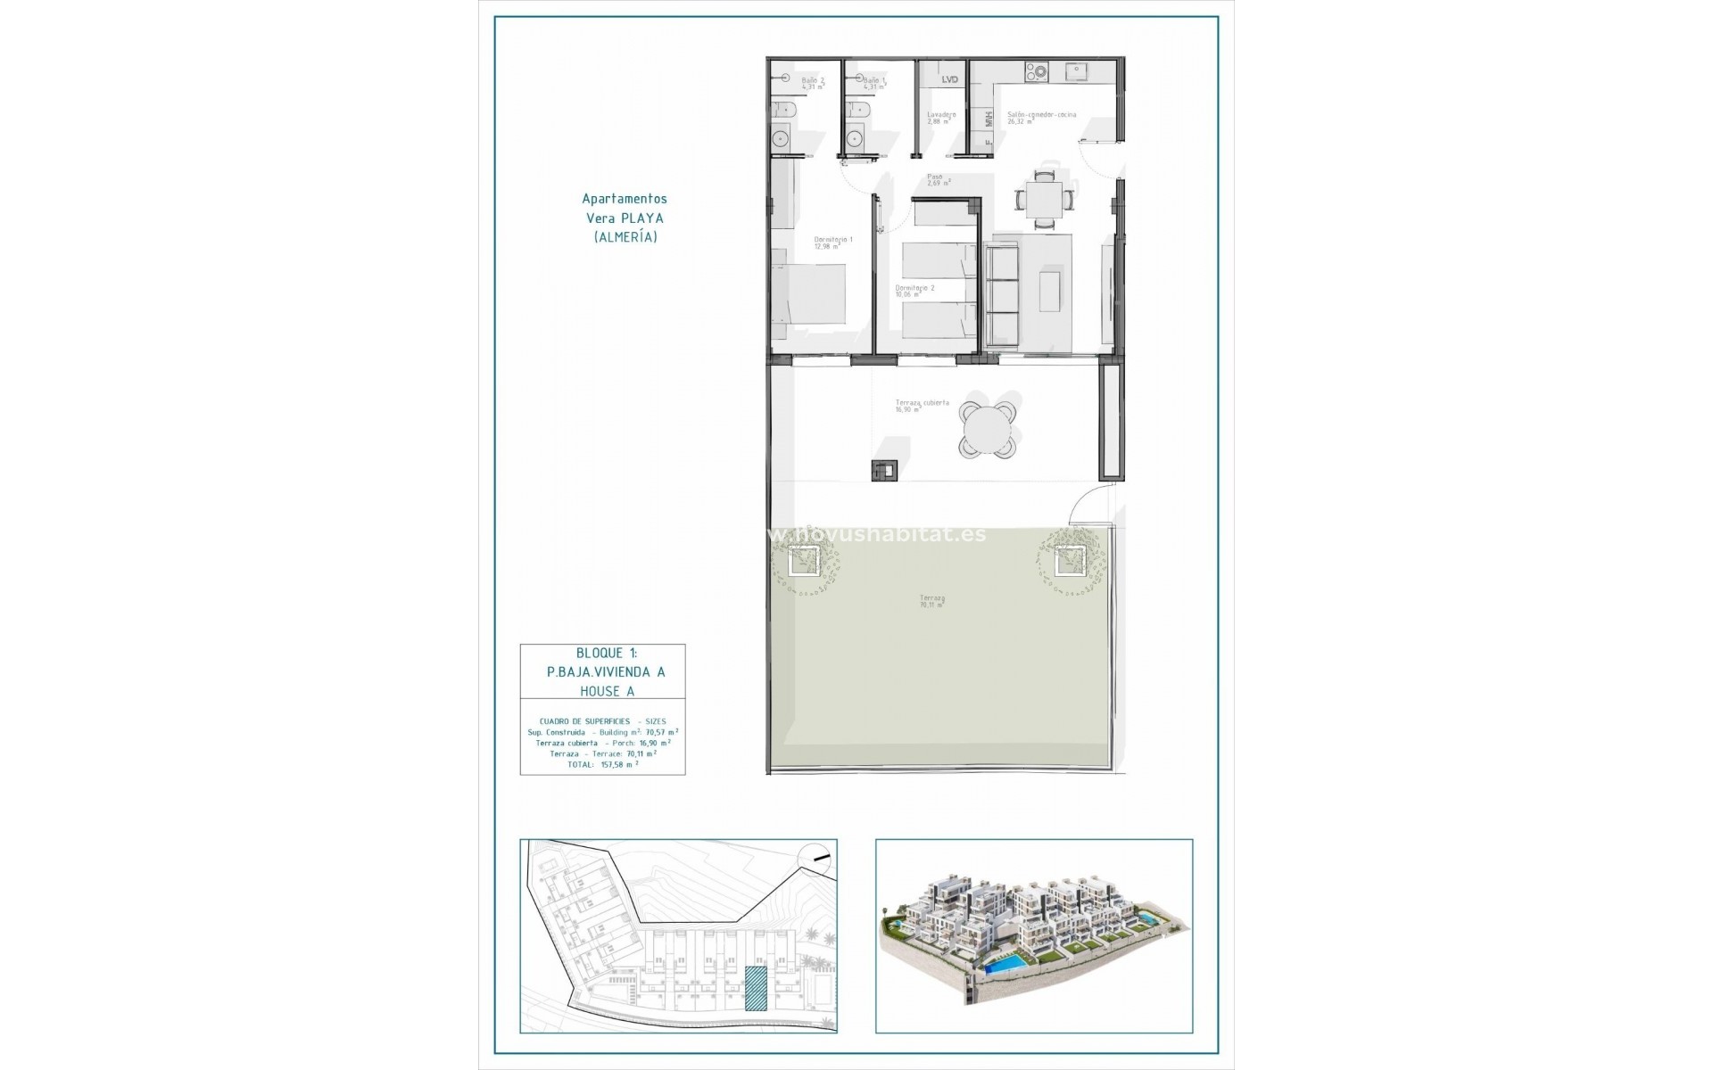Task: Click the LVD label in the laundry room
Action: tap(950, 80)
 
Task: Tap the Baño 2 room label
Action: tap(813, 84)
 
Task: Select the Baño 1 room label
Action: tap(874, 84)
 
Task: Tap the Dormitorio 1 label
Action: tap(833, 243)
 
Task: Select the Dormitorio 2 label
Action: tap(914, 292)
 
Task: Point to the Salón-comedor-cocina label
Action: tap(1041, 118)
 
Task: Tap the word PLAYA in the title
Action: tap(645, 218)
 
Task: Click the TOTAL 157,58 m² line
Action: tap(602, 764)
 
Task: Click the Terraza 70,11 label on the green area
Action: tap(932, 601)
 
